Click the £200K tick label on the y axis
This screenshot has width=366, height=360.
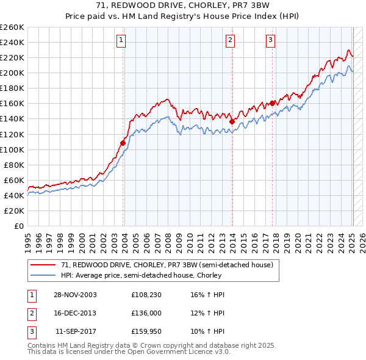tap(12, 73)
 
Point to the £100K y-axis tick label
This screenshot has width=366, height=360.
tap(12, 149)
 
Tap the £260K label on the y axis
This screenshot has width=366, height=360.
tap(12, 27)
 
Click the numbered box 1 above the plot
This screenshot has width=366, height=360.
tap(121, 41)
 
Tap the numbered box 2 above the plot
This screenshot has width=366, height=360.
tap(230, 41)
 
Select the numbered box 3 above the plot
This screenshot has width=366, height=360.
tap(270, 41)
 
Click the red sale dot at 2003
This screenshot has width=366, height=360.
tap(123, 143)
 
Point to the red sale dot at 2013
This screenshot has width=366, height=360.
tap(232, 121)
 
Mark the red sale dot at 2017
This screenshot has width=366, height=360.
tap(273, 103)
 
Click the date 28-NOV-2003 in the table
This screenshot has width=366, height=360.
tap(75, 295)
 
